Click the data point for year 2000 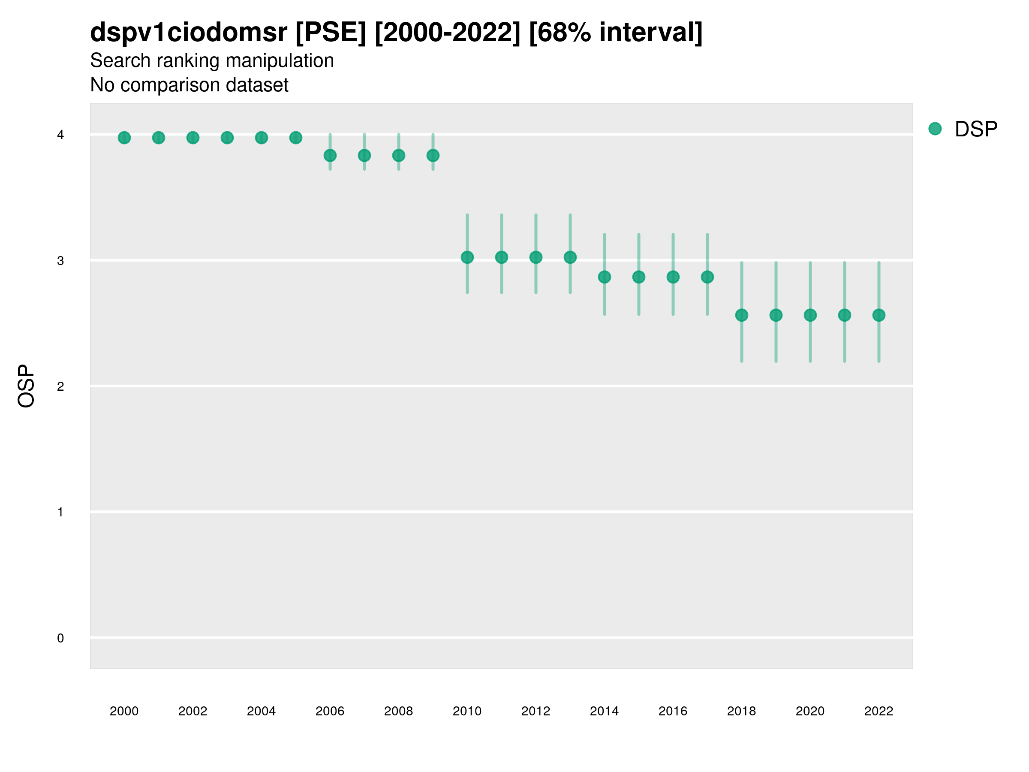pyautogui.click(x=124, y=138)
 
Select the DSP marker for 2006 pyautogui.click(x=330, y=155)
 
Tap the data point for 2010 pyautogui.click(x=467, y=257)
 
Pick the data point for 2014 pyautogui.click(x=604, y=277)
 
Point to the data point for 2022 pyautogui.click(x=879, y=316)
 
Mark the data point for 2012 pyautogui.click(x=536, y=257)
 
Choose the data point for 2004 pyautogui.click(x=262, y=138)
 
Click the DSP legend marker pyautogui.click(x=935, y=129)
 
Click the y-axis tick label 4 pyautogui.click(x=60, y=135)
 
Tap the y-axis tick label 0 pyautogui.click(x=60, y=639)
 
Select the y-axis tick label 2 pyautogui.click(x=60, y=387)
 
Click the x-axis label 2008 pyautogui.click(x=398, y=711)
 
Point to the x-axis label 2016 pyautogui.click(x=673, y=711)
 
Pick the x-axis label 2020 pyautogui.click(x=810, y=711)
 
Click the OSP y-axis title pyautogui.click(x=27, y=386)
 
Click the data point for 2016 pyautogui.click(x=673, y=277)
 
